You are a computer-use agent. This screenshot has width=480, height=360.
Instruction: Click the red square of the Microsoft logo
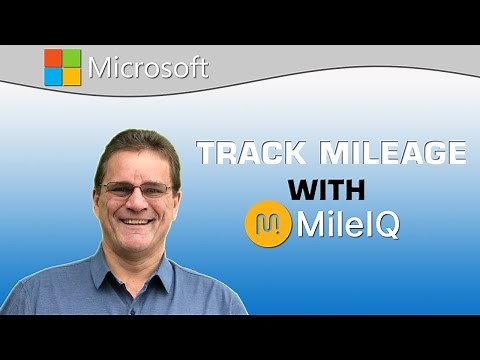pyautogui.click(x=53, y=58)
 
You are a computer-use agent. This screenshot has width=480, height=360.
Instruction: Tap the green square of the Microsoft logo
pyautogui.click(x=71, y=58)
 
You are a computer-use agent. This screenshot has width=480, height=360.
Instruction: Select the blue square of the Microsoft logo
pyautogui.click(x=53, y=76)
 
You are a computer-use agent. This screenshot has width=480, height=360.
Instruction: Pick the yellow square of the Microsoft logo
pyautogui.click(x=71, y=76)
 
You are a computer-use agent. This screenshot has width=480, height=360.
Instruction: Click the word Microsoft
pyautogui.click(x=148, y=68)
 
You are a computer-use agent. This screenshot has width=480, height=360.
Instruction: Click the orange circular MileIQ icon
pyautogui.click(x=265, y=224)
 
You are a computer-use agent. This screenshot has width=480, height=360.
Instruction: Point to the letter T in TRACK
pyautogui.click(x=207, y=154)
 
